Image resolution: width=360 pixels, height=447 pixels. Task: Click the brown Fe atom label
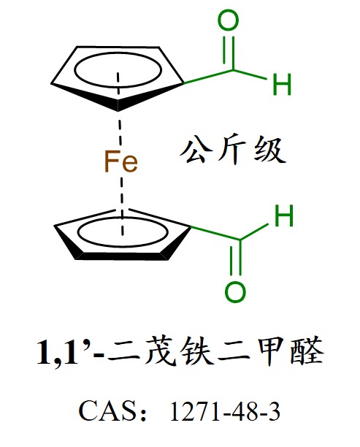(121, 161)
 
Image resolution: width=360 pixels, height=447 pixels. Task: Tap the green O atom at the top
(228, 20)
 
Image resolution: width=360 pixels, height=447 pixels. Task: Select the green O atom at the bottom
(235, 292)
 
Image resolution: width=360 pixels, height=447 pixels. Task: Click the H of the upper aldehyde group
(282, 84)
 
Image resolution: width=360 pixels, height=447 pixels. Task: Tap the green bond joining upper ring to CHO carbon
(209, 77)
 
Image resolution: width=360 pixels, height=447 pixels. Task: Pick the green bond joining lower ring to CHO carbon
(215, 233)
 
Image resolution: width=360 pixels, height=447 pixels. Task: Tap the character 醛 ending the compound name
(307, 351)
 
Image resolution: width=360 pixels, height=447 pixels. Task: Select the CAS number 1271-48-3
(225, 411)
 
